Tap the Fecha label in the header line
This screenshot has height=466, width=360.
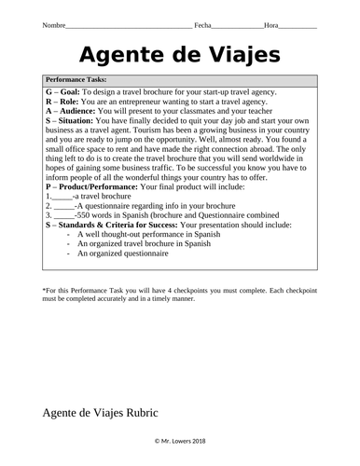click(x=204, y=27)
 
